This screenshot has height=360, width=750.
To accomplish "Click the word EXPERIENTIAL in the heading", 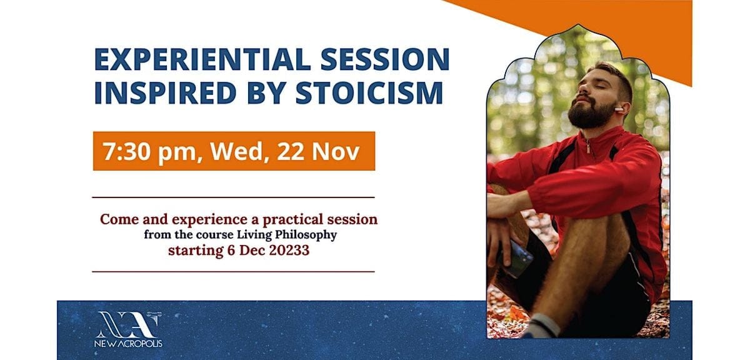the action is coord(202,59).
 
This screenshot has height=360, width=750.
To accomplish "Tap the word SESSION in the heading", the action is coord(385,59).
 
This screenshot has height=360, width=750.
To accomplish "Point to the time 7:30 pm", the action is coord(149,152).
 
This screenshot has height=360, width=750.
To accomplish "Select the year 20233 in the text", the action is coord(289,250).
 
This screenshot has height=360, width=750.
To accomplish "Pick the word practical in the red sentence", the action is coord(292,220).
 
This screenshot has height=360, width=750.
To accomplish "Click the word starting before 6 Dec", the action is coord(196,251).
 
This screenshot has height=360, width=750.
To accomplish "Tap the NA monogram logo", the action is coord(127,324).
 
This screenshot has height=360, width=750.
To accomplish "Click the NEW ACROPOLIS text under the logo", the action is coord(128,344).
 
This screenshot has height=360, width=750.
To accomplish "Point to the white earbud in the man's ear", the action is coord(618,109).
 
